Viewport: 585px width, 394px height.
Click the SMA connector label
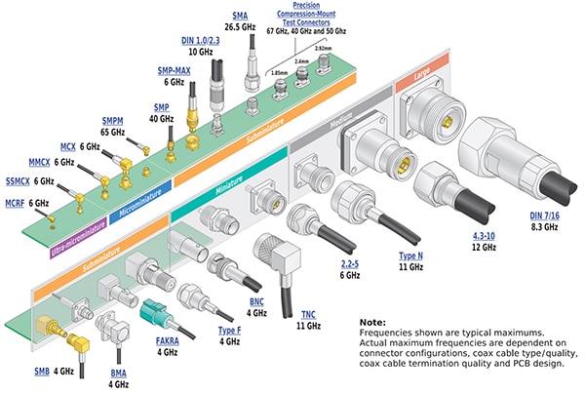[x=241, y=16]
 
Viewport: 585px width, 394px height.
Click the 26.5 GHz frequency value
[x=240, y=27]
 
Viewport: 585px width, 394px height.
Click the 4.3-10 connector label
[x=472, y=235]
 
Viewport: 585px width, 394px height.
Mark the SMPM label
[x=111, y=120]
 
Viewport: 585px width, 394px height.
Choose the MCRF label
[x=14, y=203]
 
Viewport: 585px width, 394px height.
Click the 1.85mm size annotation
[x=277, y=72]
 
